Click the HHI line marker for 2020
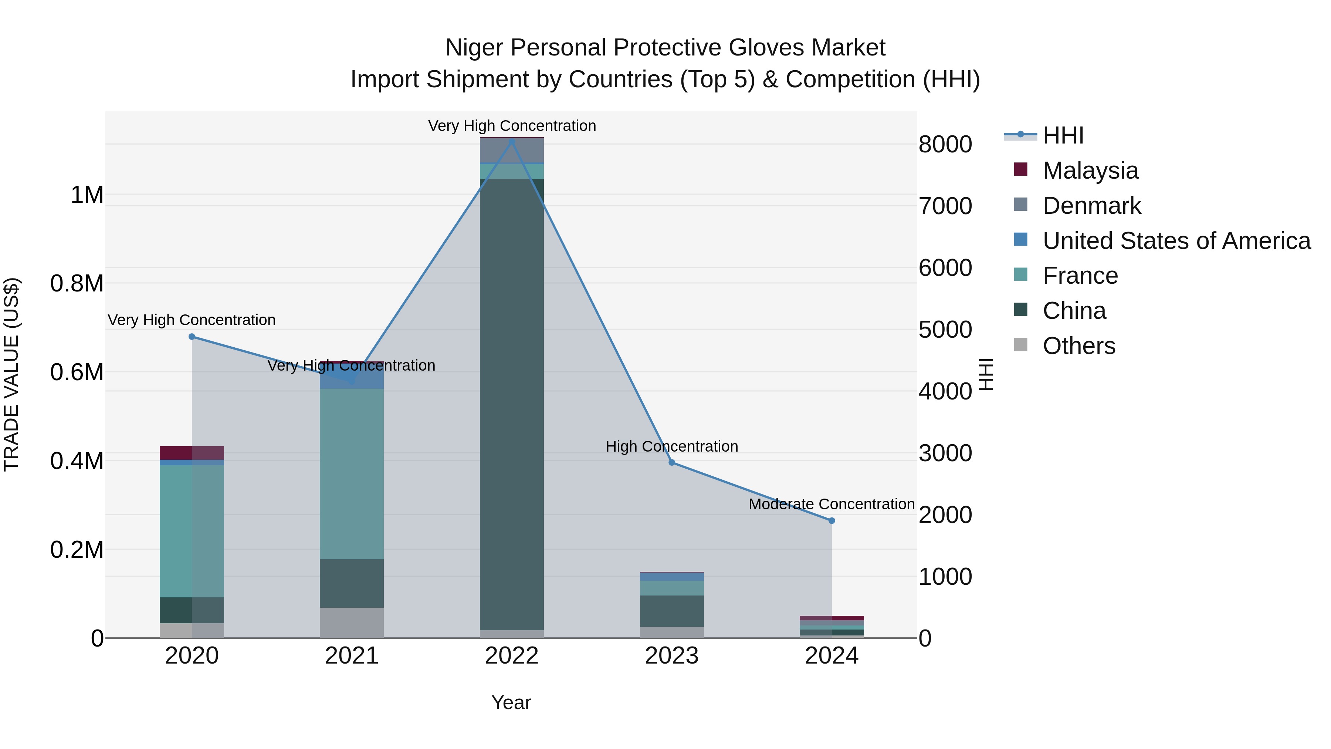tap(192, 337)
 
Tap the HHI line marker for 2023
tap(672, 462)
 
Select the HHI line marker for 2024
tap(832, 520)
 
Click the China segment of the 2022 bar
tap(512, 403)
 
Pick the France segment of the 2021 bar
tap(351, 473)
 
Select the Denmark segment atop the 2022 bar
tap(512, 151)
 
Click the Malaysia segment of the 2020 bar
tap(192, 452)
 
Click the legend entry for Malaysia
tap(1090, 171)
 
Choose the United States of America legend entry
tap(1176, 241)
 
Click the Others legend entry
tap(1079, 346)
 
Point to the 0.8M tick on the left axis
tap(77, 284)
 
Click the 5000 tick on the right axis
tap(945, 329)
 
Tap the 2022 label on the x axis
tap(512, 656)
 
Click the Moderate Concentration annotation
tap(832, 504)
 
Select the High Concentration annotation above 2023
tap(672, 446)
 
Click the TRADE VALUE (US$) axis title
tap(11, 374)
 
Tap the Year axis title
tap(511, 702)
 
